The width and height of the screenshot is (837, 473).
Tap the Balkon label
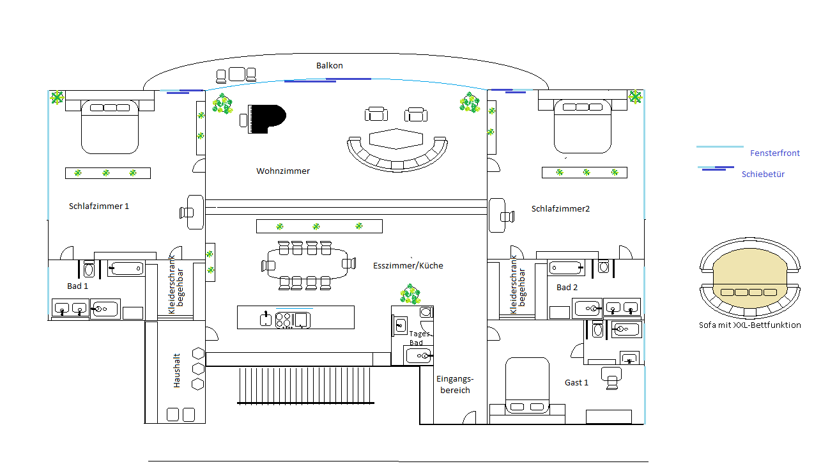(x=330, y=65)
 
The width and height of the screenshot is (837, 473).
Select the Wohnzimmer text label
(x=283, y=171)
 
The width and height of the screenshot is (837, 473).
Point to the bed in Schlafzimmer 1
(x=109, y=127)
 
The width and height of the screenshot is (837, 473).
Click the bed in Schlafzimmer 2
(x=582, y=127)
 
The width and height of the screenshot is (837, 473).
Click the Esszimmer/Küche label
(x=408, y=265)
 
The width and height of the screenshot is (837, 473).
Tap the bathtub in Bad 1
(x=126, y=268)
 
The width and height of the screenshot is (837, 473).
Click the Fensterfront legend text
(x=774, y=153)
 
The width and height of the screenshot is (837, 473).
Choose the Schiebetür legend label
(x=763, y=174)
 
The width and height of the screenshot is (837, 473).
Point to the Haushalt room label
(x=177, y=371)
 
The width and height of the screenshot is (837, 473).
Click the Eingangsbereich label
(x=455, y=384)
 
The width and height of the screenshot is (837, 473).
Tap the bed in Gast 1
(x=527, y=387)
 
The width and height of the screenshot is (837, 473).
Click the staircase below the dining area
(x=305, y=385)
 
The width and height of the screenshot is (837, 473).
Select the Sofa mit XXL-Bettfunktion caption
(x=749, y=325)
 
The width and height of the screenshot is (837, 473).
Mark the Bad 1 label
(x=77, y=286)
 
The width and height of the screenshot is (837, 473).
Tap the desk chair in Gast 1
(x=613, y=378)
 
